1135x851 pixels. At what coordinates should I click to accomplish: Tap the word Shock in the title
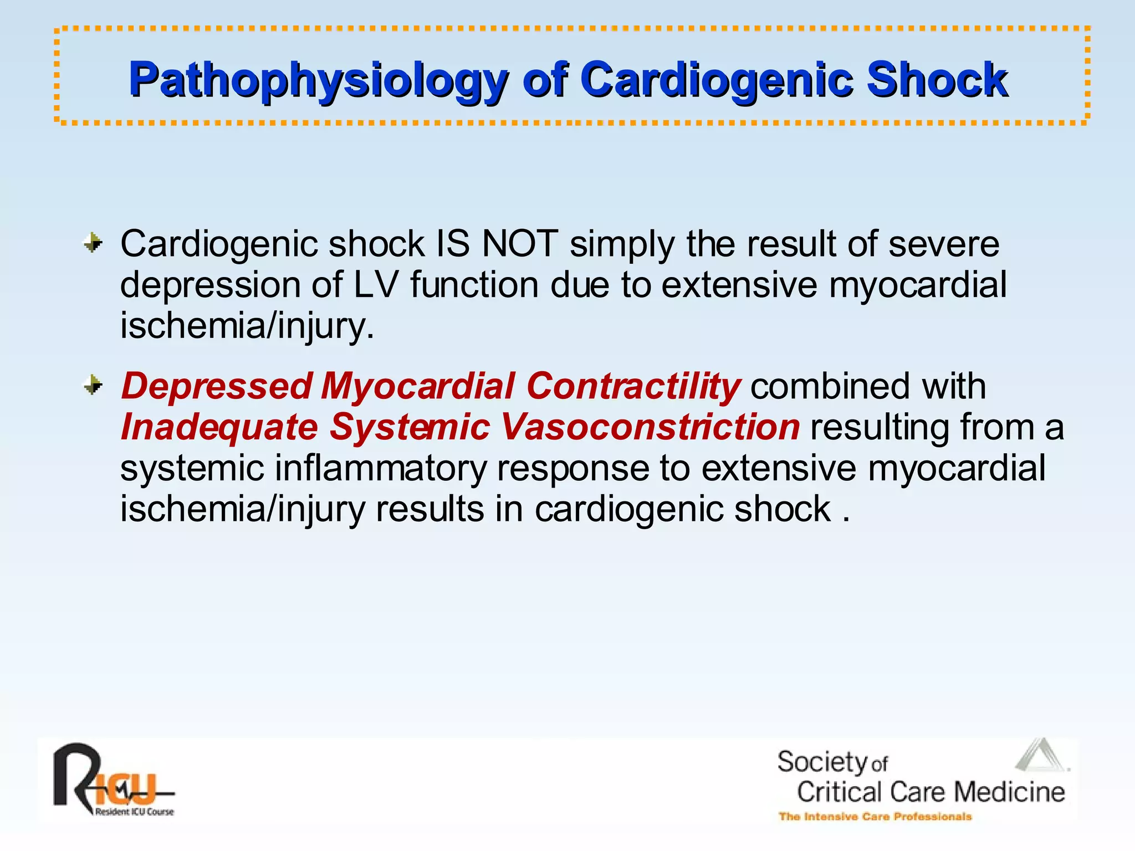coord(937,80)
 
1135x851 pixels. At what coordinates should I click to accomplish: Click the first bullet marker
coord(93,243)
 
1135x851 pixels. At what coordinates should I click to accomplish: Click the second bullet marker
coord(93,385)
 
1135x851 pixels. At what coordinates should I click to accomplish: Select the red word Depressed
coord(216,386)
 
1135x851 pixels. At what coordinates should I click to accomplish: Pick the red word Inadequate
coord(219,427)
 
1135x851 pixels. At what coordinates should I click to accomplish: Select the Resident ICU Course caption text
coord(135,812)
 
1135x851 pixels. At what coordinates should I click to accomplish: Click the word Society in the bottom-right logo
coord(822,762)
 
